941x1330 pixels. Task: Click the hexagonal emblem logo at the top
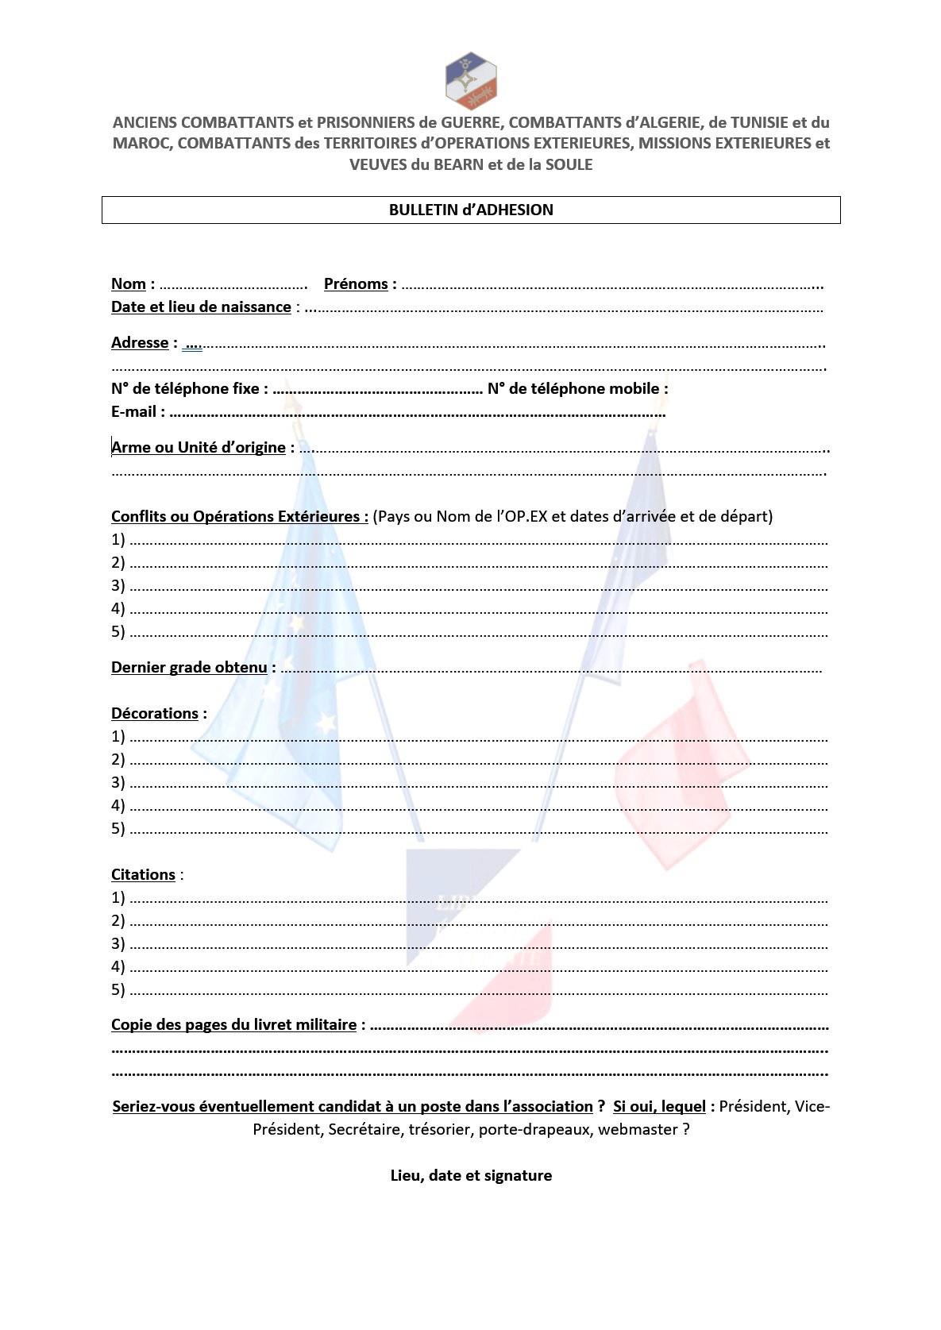tap(471, 80)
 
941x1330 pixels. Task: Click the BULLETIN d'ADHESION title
tap(471, 210)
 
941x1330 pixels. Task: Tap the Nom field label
tap(129, 284)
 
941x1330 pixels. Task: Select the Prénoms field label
tap(356, 284)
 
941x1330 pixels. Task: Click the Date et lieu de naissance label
tap(201, 307)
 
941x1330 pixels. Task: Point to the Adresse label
tap(140, 343)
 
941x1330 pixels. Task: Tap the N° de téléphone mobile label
tap(573, 389)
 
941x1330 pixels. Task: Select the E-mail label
tap(133, 412)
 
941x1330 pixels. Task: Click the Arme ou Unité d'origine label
tap(199, 448)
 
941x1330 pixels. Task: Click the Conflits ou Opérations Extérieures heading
tap(239, 517)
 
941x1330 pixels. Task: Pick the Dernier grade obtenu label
tap(189, 668)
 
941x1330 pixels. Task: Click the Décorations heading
tap(155, 714)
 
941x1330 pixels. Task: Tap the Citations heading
tap(143, 875)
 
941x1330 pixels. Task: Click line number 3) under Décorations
tap(118, 783)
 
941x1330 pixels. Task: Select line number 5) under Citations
tap(118, 990)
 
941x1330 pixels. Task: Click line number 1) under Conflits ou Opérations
tap(118, 540)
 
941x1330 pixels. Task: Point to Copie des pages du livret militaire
tap(233, 1025)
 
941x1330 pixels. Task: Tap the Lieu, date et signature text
tap(471, 1176)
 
